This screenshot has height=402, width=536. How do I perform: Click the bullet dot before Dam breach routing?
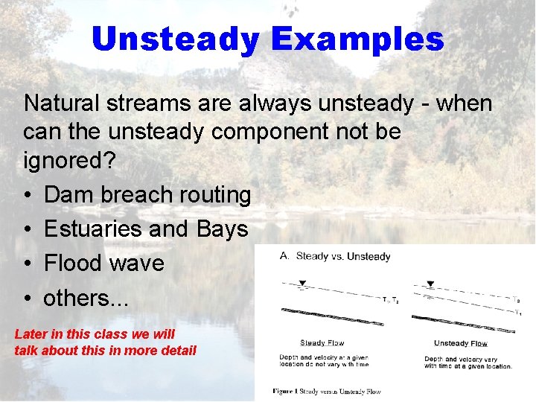click(27, 195)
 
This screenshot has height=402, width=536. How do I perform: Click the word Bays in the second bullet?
click(222, 229)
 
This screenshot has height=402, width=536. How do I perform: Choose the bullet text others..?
click(86, 298)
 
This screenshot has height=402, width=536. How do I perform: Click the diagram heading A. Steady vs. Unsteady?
click(335, 256)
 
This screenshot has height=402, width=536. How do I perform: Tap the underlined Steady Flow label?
click(322, 343)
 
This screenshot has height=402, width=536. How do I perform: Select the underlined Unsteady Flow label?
click(460, 343)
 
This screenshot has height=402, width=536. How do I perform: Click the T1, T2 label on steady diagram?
click(390, 301)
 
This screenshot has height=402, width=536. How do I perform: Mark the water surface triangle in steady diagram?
click(301, 284)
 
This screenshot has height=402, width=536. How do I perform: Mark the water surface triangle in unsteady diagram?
click(430, 284)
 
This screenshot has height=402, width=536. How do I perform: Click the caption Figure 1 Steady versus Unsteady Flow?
click(327, 391)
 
